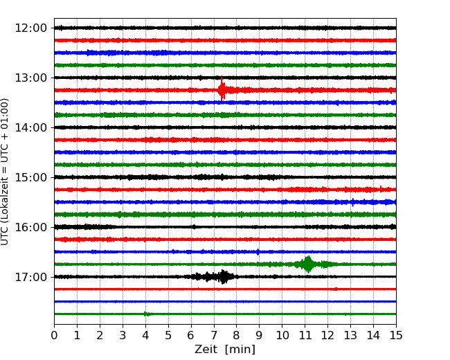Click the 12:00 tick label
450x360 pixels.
coord(30,28)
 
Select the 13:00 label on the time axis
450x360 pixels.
coord(30,78)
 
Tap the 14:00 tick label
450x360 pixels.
coord(30,127)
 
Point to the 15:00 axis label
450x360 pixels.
coord(30,177)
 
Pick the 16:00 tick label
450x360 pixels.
coord(30,227)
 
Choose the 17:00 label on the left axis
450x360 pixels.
coord(30,277)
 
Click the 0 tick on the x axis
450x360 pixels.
coord(54,335)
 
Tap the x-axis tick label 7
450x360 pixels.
coord(214,335)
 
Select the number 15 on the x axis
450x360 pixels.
coord(396,335)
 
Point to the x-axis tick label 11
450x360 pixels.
coord(305,335)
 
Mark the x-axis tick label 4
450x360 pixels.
coord(145,335)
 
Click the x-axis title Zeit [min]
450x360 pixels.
coord(225,349)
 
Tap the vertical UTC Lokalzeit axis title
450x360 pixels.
coord(5,172)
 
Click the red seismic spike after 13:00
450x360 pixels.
coord(222,89)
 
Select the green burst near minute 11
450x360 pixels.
coord(307,264)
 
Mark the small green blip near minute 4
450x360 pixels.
coord(146,314)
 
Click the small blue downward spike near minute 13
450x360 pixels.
coord(352,202)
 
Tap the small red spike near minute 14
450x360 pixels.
coord(381,188)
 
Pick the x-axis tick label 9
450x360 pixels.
coord(259,335)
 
